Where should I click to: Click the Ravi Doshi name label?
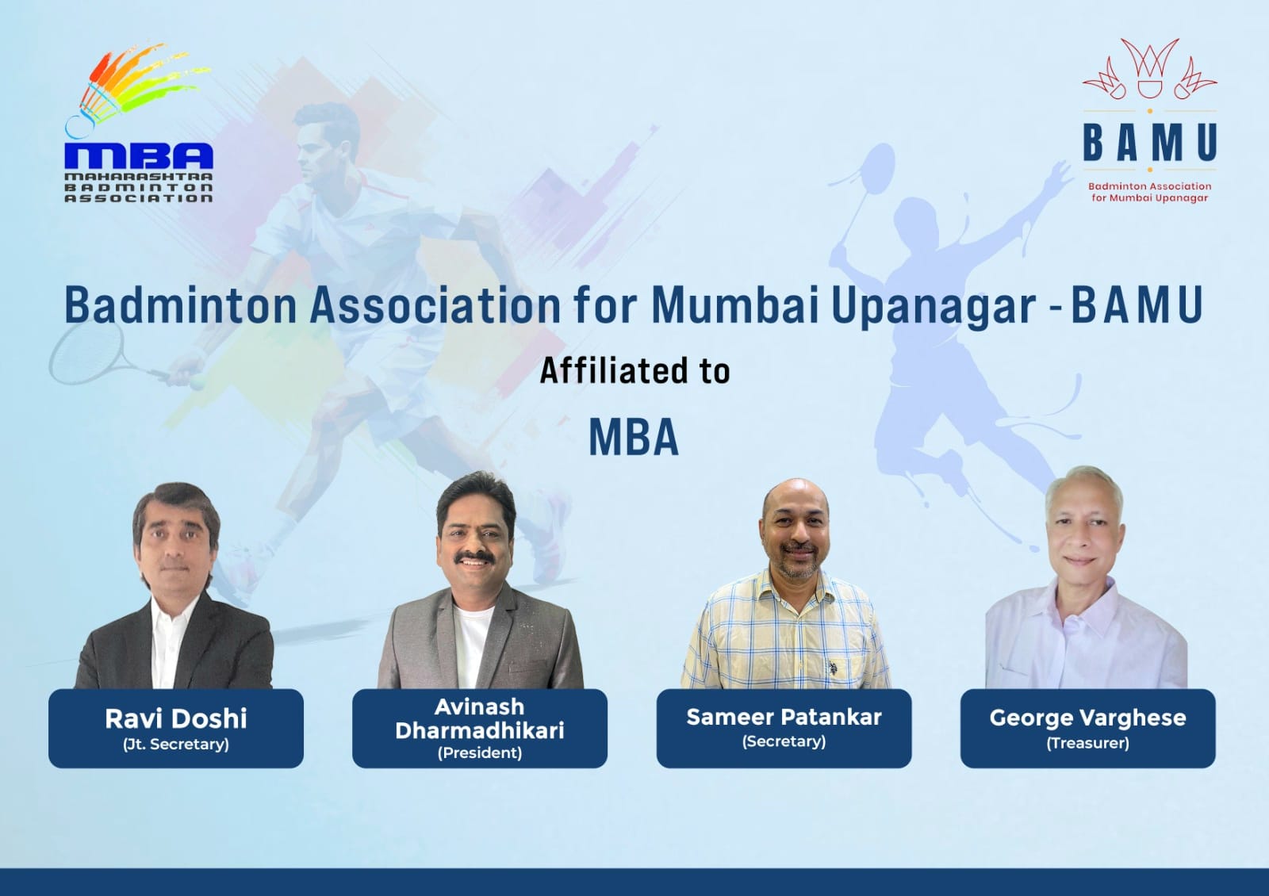tap(175, 718)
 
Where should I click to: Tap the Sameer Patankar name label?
tap(784, 717)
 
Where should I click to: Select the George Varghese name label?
tap(1087, 718)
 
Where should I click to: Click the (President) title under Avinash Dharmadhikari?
tap(480, 752)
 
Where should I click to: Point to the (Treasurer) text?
tap(1087, 742)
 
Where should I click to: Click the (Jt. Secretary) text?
tap(175, 744)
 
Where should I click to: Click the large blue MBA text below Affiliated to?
tap(634, 437)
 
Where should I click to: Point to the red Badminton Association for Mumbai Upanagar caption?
tap(1150, 192)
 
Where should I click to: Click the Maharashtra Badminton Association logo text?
tap(139, 187)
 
